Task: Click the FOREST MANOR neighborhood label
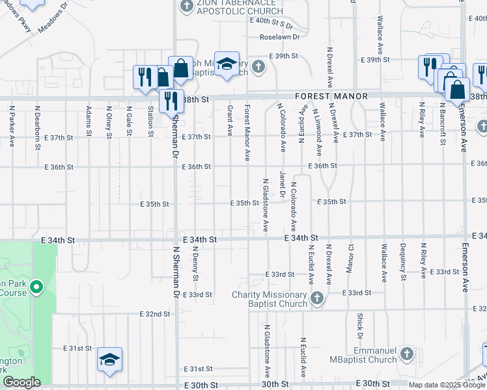pyautogui.click(x=331, y=96)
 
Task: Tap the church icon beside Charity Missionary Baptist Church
pyautogui.click(x=317, y=298)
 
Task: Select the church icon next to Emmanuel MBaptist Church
pyautogui.click(x=406, y=354)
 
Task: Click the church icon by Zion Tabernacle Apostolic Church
pyautogui.click(x=187, y=6)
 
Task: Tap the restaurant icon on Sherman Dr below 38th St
pyautogui.click(x=171, y=100)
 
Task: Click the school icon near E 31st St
pyautogui.click(x=110, y=359)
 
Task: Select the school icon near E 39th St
pyautogui.click(x=227, y=64)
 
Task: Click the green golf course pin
pyautogui.click(x=36, y=286)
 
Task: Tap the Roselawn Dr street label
pyautogui.click(x=279, y=37)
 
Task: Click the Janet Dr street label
pyautogui.click(x=283, y=185)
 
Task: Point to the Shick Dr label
pyautogui.click(x=359, y=326)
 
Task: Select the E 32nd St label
pyautogui.click(x=154, y=314)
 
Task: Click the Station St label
pyautogui.click(x=150, y=122)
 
